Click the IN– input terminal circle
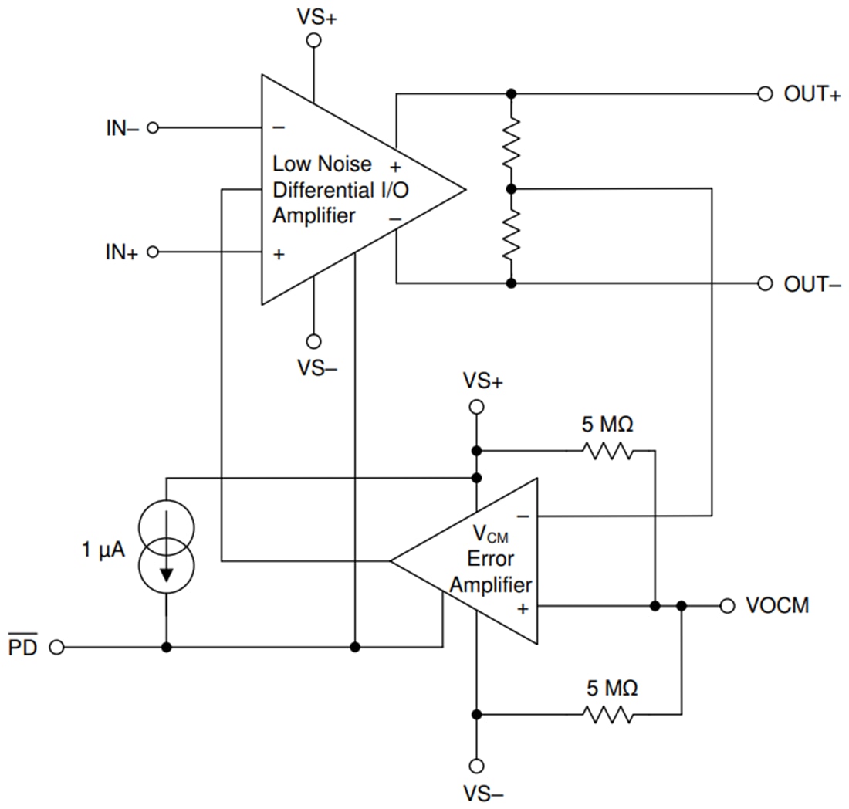click(x=152, y=127)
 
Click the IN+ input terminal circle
click(x=152, y=252)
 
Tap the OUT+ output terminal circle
click(x=765, y=93)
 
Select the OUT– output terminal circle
click(x=765, y=283)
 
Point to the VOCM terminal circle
click(x=726, y=606)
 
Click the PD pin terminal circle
click(x=56, y=647)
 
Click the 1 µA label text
click(x=103, y=550)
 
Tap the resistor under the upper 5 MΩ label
click(x=609, y=450)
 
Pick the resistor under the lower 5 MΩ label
click(x=609, y=714)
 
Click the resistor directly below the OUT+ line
click(x=510, y=141)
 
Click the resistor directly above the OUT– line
click(x=510, y=236)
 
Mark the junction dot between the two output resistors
click(x=510, y=188)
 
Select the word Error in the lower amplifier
click(x=491, y=558)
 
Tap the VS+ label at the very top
click(x=316, y=16)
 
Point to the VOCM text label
click(x=777, y=606)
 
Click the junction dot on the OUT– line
click(x=510, y=283)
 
